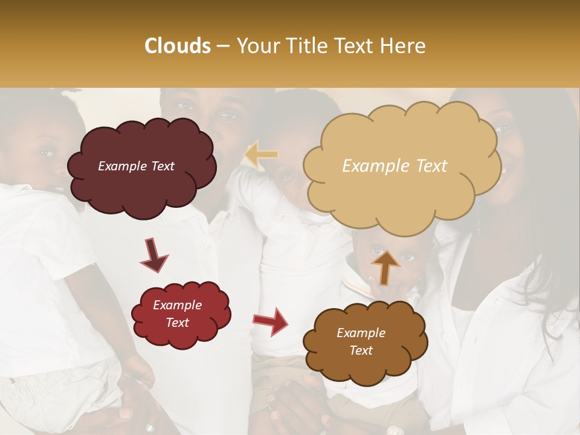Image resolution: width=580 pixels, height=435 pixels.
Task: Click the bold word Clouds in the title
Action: click(178, 46)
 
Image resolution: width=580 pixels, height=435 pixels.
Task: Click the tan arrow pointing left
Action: click(261, 155)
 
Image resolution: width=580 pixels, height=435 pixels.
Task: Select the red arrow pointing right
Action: click(271, 321)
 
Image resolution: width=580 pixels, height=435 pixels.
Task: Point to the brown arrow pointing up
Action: click(385, 266)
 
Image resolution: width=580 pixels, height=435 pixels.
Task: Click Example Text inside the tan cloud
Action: click(395, 166)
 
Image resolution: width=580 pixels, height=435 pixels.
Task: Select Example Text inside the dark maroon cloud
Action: click(136, 166)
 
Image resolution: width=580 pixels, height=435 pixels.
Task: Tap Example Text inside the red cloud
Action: click(178, 314)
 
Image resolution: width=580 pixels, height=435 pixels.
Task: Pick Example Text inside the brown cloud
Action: click(361, 341)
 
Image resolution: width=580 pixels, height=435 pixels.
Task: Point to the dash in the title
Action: click(223, 46)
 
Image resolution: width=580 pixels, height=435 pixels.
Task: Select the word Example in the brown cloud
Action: click(361, 333)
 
